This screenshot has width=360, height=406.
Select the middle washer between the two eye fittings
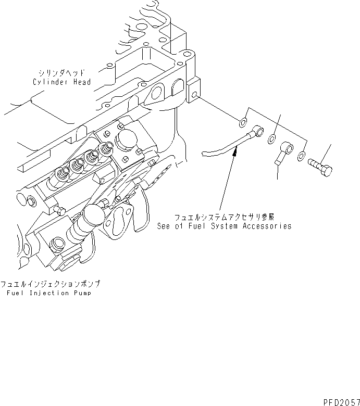coord(272,139)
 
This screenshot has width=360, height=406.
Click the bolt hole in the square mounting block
coord(194,96)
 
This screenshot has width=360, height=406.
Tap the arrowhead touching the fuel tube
coord(235,150)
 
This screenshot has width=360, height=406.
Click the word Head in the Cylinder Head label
coord(81,82)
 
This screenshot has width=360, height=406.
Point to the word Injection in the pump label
coord(43,293)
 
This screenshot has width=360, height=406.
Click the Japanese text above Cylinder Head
coord(61,73)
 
